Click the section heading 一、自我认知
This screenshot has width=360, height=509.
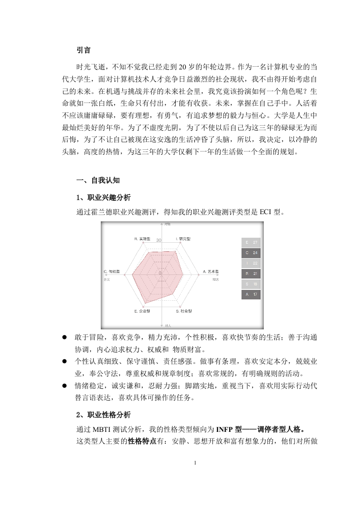click(98, 180)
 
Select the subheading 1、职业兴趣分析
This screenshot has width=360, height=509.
click(104, 197)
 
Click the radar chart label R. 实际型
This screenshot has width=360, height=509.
click(142, 238)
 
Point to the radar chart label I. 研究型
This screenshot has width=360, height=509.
click(183, 238)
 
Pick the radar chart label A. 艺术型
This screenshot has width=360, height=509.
click(210, 272)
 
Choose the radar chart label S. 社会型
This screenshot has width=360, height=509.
click(183, 311)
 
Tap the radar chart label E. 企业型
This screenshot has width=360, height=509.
click(142, 311)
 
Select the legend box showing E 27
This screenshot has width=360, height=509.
click(252, 242)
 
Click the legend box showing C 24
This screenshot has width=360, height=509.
click(252, 253)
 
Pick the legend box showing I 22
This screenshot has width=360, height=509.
click(252, 263)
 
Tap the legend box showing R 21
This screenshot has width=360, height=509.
click(252, 274)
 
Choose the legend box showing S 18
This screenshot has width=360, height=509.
click(252, 284)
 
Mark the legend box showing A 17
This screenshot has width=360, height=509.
click(252, 294)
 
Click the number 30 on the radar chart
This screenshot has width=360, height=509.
click(158, 240)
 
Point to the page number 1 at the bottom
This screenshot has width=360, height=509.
click(195, 463)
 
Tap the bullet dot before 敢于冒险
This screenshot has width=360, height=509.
click(65, 338)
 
